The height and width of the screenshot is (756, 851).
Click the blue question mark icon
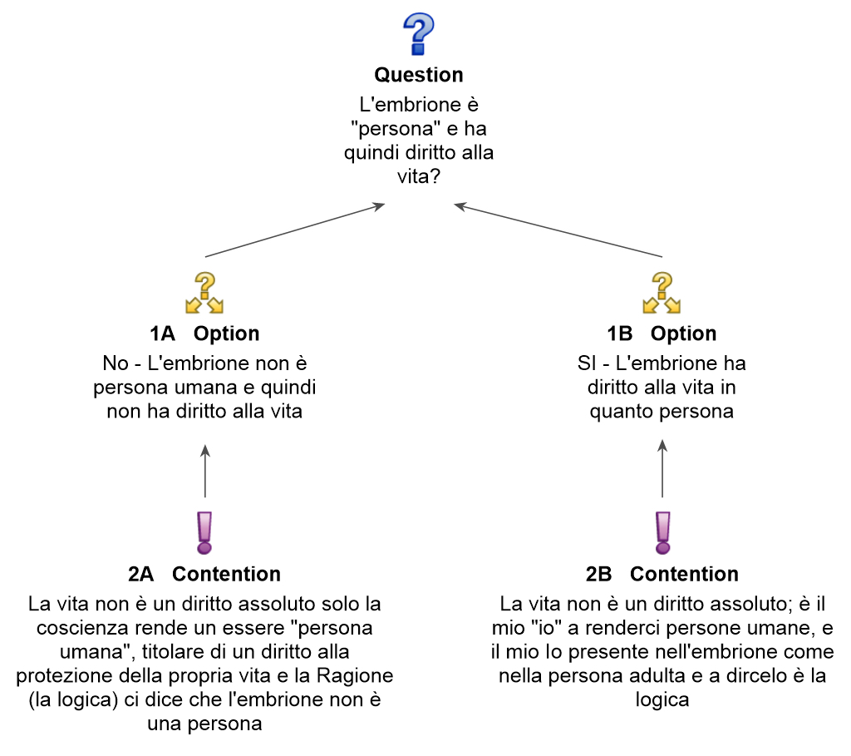point(418,34)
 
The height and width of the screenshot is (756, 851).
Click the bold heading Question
point(419,75)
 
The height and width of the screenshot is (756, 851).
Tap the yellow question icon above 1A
point(204,293)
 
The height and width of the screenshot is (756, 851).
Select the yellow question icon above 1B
point(662,293)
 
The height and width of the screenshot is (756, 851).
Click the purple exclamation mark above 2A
point(204,532)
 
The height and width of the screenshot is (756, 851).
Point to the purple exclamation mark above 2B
point(662,532)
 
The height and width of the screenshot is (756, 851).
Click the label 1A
point(162,334)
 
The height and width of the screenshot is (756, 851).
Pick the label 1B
point(619,334)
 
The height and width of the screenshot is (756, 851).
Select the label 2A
point(141,574)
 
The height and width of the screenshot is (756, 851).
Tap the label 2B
point(598,574)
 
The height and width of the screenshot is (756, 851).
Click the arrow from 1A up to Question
point(295,230)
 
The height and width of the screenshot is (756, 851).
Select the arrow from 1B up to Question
point(558,230)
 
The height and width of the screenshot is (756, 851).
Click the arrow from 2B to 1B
point(662,471)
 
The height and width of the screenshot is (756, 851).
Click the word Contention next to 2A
point(226,574)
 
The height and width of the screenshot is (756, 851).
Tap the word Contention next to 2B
point(684,574)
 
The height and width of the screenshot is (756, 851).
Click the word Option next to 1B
point(683,334)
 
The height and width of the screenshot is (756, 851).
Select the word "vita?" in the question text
point(418,176)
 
